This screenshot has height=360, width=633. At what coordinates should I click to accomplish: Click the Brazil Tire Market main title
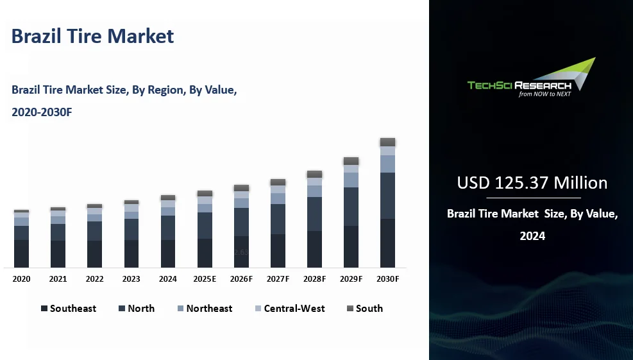pos(92,36)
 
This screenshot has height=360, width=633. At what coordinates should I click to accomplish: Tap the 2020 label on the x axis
pos(21,279)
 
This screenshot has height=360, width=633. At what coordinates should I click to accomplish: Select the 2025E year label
pos(205,279)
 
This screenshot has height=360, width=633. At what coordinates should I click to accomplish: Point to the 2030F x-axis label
pos(387,279)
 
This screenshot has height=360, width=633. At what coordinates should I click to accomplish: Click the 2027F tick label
pos(278,279)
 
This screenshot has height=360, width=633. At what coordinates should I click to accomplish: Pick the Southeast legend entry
pos(69,309)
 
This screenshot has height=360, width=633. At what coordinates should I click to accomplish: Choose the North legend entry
pos(137,309)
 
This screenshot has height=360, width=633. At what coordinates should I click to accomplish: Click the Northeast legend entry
pos(205,309)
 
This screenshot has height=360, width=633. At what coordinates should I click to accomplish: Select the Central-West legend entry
pos(290,309)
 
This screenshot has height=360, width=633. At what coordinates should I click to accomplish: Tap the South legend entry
pos(364,309)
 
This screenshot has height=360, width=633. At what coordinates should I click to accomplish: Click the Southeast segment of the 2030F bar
pos(387,243)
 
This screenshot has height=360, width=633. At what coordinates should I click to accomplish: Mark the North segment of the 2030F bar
pos(387,196)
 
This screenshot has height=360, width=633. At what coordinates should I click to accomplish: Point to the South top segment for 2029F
pos(351,161)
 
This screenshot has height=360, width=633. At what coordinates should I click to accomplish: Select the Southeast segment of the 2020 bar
pos(21,253)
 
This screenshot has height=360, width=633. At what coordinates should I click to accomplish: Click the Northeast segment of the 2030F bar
pos(387,164)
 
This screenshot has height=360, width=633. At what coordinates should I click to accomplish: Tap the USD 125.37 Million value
pos(532,183)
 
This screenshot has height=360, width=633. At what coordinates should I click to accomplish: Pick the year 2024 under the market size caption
pos(532,236)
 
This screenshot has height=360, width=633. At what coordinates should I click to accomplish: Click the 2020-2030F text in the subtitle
pos(42,112)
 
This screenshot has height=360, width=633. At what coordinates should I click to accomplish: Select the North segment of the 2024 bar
pos(168,228)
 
